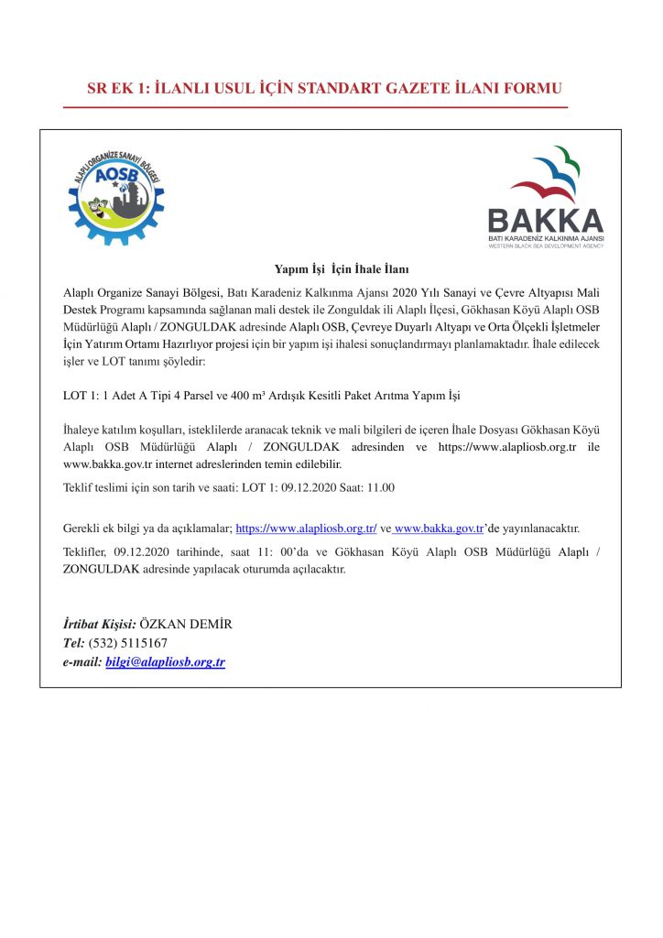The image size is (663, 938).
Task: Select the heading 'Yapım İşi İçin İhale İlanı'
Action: coord(341,269)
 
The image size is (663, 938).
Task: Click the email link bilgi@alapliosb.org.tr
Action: coord(165,661)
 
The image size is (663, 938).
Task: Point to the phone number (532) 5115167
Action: coord(128,643)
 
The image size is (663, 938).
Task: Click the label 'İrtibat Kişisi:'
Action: coord(99,624)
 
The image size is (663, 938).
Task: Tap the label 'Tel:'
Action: coord(73,643)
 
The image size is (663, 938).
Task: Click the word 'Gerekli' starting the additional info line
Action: coord(81,529)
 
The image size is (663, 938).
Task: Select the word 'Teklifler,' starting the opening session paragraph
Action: coord(87,552)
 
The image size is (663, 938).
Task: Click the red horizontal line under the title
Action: coord(315,107)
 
